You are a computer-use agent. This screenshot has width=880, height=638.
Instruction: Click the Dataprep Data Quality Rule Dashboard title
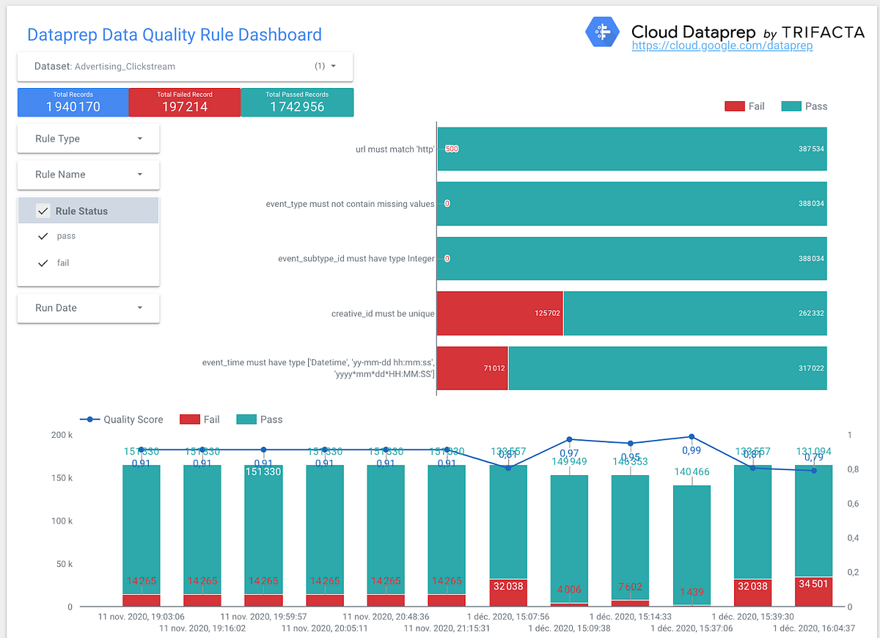pos(174,34)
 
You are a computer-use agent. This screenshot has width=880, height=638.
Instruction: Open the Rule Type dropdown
pos(88,139)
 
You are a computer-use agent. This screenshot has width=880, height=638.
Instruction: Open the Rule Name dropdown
pos(88,175)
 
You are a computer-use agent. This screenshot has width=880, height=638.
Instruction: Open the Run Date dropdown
pos(88,308)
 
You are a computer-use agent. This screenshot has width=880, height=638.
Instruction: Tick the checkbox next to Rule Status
pos(43,211)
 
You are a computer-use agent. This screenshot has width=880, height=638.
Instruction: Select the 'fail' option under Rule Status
pos(63,263)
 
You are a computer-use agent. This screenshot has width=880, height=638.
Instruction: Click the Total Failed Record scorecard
pos(185,103)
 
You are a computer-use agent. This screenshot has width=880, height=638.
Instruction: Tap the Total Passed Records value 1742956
pos(297,107)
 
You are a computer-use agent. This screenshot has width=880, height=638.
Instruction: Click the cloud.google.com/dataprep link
pos(722,45)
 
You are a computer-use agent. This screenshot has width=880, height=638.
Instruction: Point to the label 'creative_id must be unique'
pos(383,314)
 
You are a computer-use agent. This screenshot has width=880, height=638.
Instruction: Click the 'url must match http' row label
pos(395,149)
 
